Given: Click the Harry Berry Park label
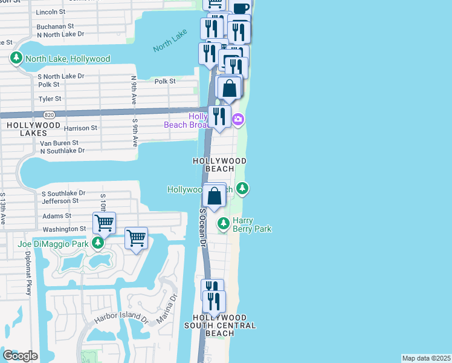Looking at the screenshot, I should pos(252,225).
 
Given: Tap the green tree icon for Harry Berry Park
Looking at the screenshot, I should pos(224,224).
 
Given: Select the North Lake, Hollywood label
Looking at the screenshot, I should pos(67,59).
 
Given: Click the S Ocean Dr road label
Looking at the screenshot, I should pos(203,228).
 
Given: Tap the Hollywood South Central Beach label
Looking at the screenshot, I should pos(220,325).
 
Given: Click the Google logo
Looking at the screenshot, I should pos(20,356).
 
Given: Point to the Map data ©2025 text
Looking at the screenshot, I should pos(427,358).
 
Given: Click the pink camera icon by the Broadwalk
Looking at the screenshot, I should pos(238,119).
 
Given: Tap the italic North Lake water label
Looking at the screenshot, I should pos(170,44).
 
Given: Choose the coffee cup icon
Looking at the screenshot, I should pos(240,8).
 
